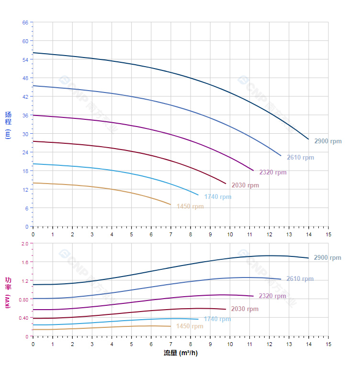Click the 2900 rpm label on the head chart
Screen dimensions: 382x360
click(x=327, y=141)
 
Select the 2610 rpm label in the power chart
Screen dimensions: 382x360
click(x=300, y=279)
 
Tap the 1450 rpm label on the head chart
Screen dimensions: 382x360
click(x=190, y=207)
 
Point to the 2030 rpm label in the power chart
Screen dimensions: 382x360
click(x=244, y=309)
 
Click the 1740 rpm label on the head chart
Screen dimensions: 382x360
click(x=217, y=197)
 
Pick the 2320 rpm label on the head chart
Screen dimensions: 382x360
click(x=272, y=173)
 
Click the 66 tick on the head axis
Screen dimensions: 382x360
click(x=25, y=23)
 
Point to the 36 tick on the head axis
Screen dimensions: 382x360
click(x=25, y=115)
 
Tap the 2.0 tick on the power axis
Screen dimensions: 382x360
click(x=25, y=243)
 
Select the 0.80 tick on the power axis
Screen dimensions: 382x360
click(x=24, y=300)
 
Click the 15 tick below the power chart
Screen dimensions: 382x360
click(x=328, y=344)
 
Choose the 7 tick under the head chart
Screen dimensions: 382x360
click(x=170, y=234)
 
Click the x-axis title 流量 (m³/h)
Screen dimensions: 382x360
click(x=180, y=353)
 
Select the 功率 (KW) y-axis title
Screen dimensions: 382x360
click(x=8, y=292)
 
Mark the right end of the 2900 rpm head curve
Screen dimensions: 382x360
click(x=308, y=139)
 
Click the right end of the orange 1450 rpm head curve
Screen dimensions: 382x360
click(x=170, y=205)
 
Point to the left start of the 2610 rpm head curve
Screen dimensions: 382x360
click(x=33, y=86)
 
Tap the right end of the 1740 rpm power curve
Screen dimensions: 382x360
click(x=198, y=319)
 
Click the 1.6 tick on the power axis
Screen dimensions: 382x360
click(x=25, y=262)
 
